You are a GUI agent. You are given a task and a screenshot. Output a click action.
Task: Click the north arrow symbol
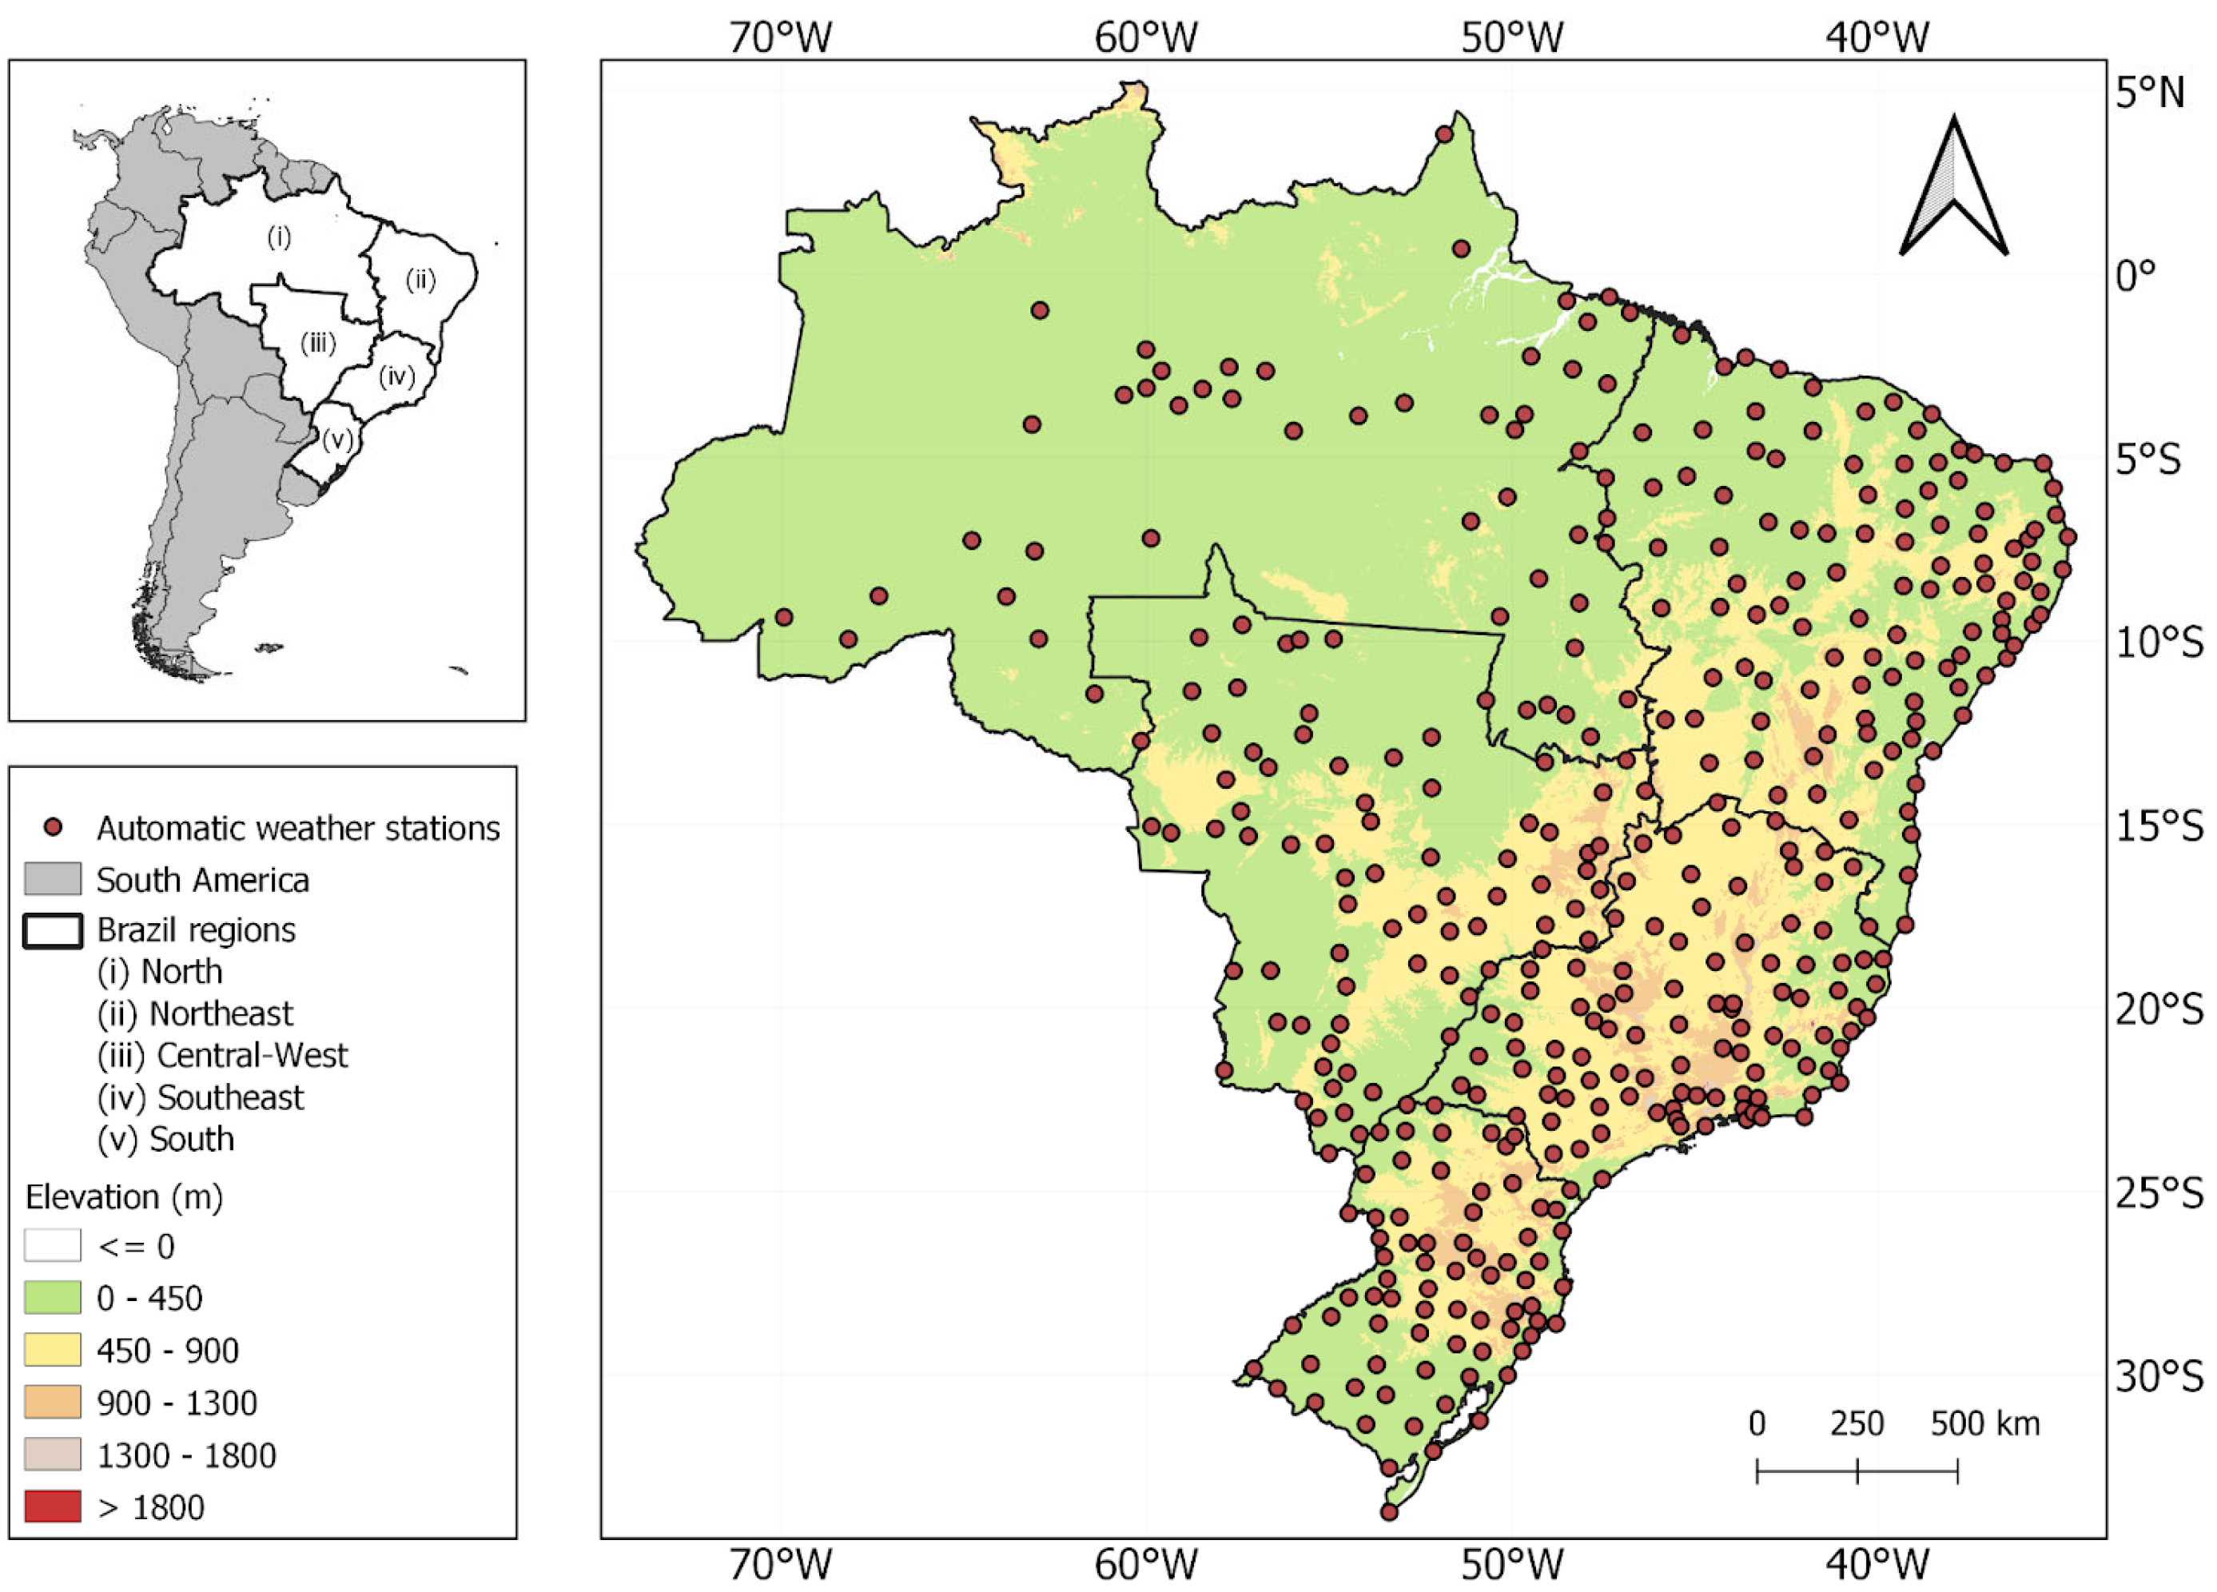point(1953,189)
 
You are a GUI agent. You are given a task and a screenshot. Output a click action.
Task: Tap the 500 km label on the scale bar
point(1984,1424)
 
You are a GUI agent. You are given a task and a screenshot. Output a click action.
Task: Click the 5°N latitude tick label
point(2148,93)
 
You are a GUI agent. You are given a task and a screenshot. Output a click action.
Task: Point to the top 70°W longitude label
point(780,37)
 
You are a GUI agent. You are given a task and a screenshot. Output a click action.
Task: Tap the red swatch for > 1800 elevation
point(52,1507)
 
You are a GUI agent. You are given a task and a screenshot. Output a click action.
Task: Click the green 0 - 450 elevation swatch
point(52,1298)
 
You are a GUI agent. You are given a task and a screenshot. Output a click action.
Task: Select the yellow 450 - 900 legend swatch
point(52,1351)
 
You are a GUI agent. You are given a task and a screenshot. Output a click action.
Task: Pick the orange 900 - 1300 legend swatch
point(52,1403)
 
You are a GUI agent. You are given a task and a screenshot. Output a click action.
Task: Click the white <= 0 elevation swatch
point(52,1246)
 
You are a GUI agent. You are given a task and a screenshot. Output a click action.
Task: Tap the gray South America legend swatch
point(52,880)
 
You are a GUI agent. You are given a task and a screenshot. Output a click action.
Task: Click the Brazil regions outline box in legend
point(52,930)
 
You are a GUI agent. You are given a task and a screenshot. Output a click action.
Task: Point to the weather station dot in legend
point(54,828)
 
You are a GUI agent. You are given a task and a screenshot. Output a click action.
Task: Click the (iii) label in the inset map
point(318,343)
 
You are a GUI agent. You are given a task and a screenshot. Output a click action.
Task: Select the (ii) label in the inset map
point(420,281)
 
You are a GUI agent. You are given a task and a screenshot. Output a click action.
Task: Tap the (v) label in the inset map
point(337,440)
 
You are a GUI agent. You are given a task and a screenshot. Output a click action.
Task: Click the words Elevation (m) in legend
point(124,1196)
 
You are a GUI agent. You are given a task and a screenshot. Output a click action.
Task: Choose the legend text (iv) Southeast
point(201,1097)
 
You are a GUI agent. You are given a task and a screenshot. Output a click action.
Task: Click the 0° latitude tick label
point(2135,276)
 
